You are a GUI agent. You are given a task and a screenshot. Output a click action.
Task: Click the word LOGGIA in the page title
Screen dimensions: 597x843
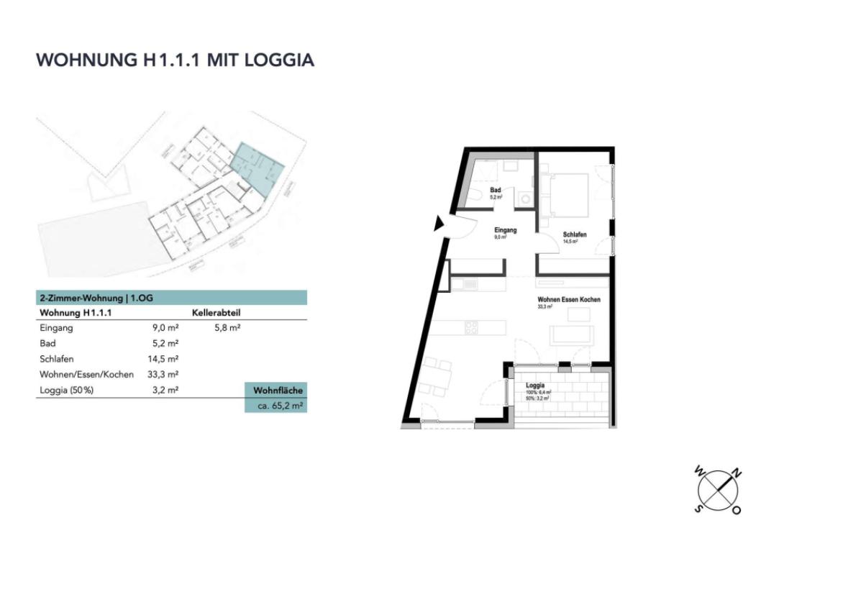(280, 60)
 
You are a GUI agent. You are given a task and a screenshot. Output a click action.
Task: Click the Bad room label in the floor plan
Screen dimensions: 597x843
(496, 191)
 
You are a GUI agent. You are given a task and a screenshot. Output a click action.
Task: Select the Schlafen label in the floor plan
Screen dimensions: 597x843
(575, 235)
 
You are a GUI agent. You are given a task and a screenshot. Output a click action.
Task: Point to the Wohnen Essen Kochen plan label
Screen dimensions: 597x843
(568, 299)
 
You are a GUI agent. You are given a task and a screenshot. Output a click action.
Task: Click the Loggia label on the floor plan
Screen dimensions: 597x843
(535, 386)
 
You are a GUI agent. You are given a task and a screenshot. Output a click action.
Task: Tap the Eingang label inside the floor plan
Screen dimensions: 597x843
(506, 230)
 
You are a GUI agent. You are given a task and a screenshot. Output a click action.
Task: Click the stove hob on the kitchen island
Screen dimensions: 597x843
(471, 327)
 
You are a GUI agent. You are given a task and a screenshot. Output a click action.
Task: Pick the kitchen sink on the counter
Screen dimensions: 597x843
(470, 285)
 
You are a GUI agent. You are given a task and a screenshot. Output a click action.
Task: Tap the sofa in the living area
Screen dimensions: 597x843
(571, 335)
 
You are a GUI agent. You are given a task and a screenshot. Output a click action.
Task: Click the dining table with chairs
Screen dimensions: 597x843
(437, 376)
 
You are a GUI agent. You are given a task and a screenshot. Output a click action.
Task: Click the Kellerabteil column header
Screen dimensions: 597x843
(216, 313)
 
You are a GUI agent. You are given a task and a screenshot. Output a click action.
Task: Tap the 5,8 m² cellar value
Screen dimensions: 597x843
(227, 328)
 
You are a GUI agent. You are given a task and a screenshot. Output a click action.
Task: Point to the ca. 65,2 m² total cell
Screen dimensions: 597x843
(276, 406)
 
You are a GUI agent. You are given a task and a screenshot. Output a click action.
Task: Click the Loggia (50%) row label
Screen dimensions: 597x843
(67, 390)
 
